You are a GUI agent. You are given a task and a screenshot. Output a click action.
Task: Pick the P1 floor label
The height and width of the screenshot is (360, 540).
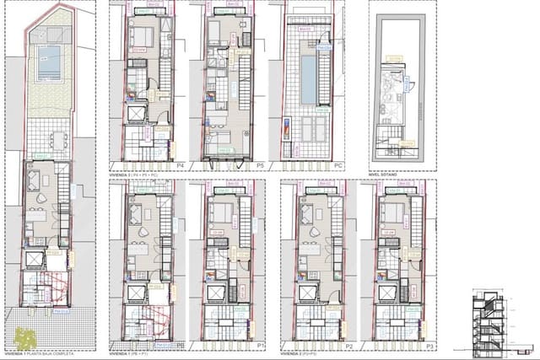[261, 346]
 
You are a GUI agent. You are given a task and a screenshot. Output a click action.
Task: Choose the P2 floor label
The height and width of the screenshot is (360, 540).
[348, 346]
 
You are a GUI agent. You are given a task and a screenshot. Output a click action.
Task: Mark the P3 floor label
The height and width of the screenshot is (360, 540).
[429, 346]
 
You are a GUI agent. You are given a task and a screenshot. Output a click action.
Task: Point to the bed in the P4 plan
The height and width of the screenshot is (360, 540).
[141, 36]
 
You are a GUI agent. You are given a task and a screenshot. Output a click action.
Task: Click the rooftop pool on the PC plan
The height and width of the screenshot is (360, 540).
[309, 76]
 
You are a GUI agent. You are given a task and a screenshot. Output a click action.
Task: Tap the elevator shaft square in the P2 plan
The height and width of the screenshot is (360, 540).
[309, 293]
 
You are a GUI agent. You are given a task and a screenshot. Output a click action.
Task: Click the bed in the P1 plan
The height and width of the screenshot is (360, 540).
[221, 212]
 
